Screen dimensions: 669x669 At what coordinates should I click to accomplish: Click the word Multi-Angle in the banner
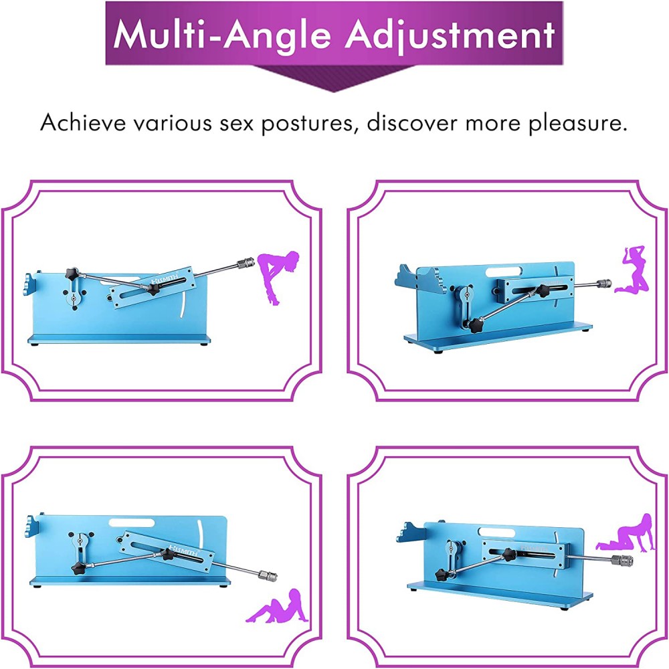223,35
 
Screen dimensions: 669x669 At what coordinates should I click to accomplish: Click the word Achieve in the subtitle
84,123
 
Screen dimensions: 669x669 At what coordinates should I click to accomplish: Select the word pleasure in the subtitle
578,124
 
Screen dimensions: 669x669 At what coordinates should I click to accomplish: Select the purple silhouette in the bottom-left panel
276,606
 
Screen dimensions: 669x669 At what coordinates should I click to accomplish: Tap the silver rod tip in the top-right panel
605,283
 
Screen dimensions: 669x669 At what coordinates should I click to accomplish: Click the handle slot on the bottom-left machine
131,523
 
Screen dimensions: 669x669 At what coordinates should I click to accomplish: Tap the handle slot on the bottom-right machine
496,532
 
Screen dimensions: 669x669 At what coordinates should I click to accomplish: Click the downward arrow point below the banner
334,91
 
